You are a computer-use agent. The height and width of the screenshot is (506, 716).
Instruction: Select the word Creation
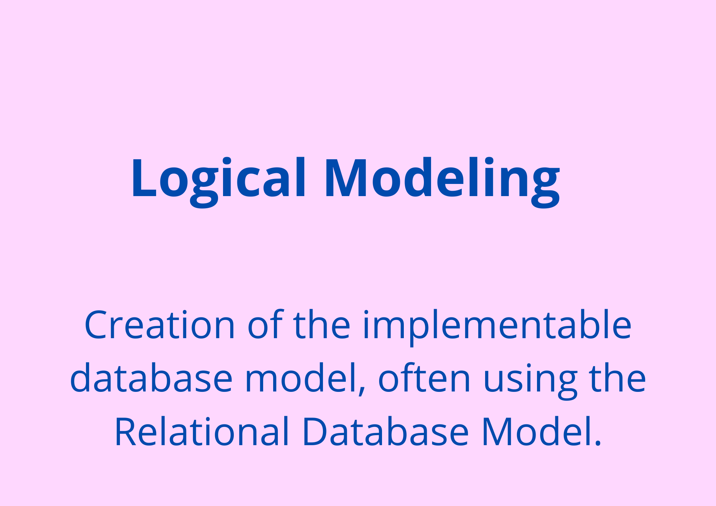pyautogui.click(x=160, y=325)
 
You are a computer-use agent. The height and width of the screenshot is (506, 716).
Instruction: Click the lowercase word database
pyautogui.click(x=151, y=378)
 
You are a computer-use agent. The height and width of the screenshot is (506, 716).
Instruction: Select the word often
pyautogui.click(x=424, y=377)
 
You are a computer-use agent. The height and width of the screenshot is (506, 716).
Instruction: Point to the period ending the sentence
pyautogui.click(x=597, y=443)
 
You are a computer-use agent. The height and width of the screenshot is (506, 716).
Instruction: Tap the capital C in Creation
pyautogui.click(x=96, y=325)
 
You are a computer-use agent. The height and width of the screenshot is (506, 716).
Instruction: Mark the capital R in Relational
pyautogui.click(x=126, y=432)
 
